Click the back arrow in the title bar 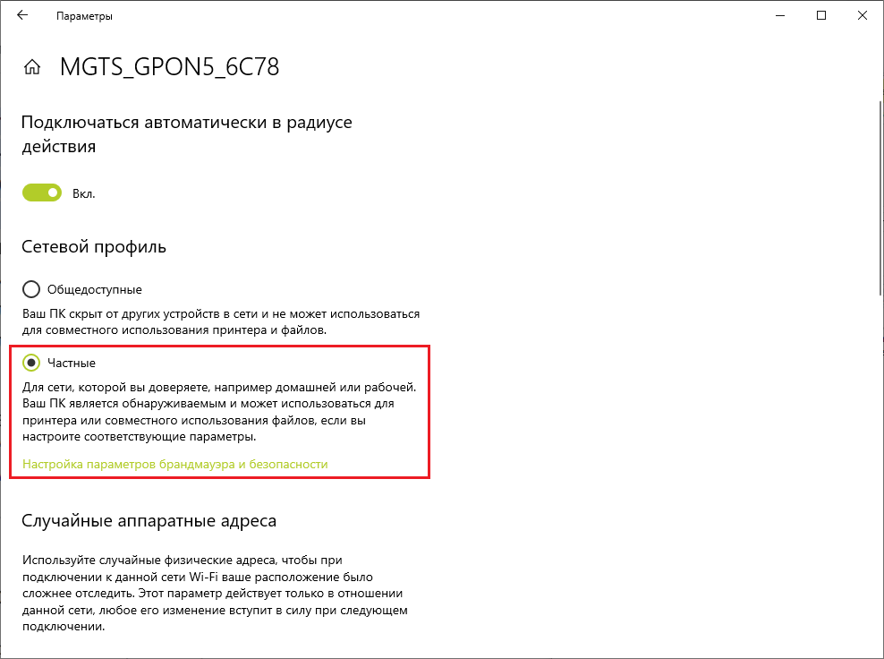22,16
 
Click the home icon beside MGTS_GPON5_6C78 32,68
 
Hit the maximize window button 821,16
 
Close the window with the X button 863,16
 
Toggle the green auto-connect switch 41,193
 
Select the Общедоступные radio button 31,289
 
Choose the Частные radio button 31,363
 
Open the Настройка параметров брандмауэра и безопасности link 175,464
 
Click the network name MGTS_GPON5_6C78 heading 169,67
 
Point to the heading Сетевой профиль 94,246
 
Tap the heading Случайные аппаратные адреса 149,520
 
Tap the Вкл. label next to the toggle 83,193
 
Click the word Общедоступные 94,289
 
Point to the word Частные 72,363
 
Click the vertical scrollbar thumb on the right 878,197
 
